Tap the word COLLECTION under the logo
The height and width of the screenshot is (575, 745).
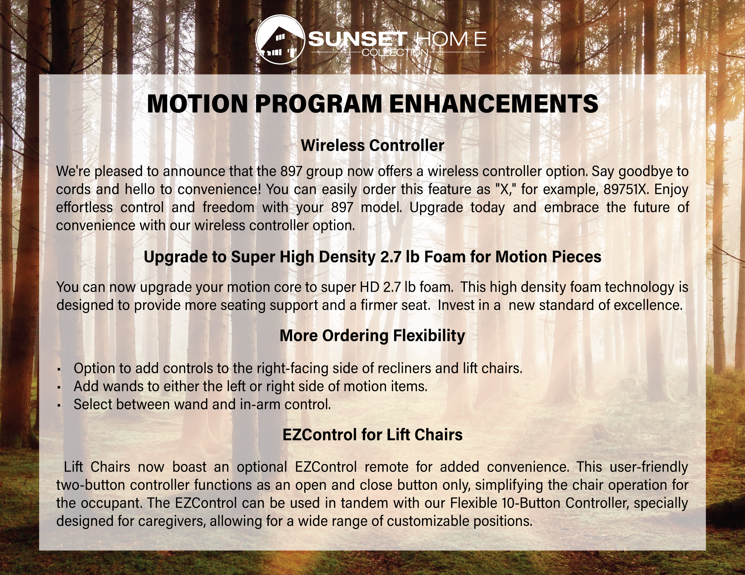coord(395,52)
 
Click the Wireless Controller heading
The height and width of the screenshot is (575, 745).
coord(372,145)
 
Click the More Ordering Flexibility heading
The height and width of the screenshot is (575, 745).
coord(372,336)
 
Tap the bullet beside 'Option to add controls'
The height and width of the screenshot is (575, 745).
coord(59,370)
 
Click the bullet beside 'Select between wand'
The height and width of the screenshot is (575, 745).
coord(59,406)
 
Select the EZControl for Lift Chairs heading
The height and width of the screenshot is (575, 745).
coord(372,434)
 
